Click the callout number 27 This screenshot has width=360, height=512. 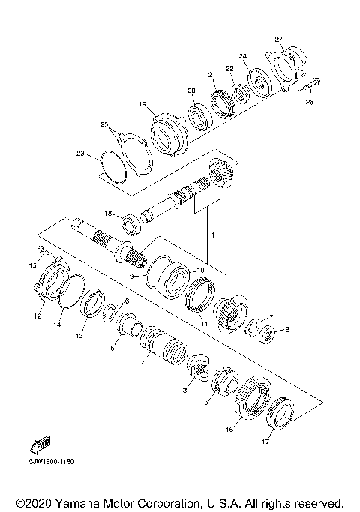click(x=278, y=39)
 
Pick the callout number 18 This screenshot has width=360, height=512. click(x=108, y=214)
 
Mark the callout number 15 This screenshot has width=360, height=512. click(x=32, y=265)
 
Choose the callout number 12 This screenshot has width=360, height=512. click(x=35, y=316)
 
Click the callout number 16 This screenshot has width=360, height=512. click(x=229, y=430)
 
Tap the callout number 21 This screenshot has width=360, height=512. click(x=211, y=74)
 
